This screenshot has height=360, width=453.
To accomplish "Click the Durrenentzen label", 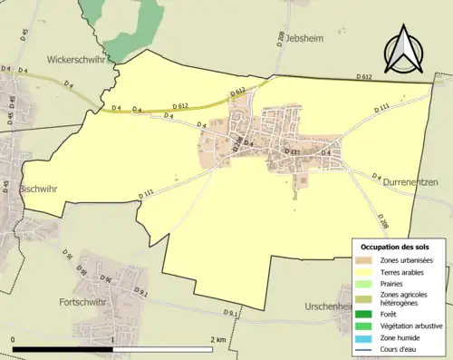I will [410, 182].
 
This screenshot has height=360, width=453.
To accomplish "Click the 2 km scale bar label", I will [218, 339].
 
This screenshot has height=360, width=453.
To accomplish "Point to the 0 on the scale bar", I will [14, 339].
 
